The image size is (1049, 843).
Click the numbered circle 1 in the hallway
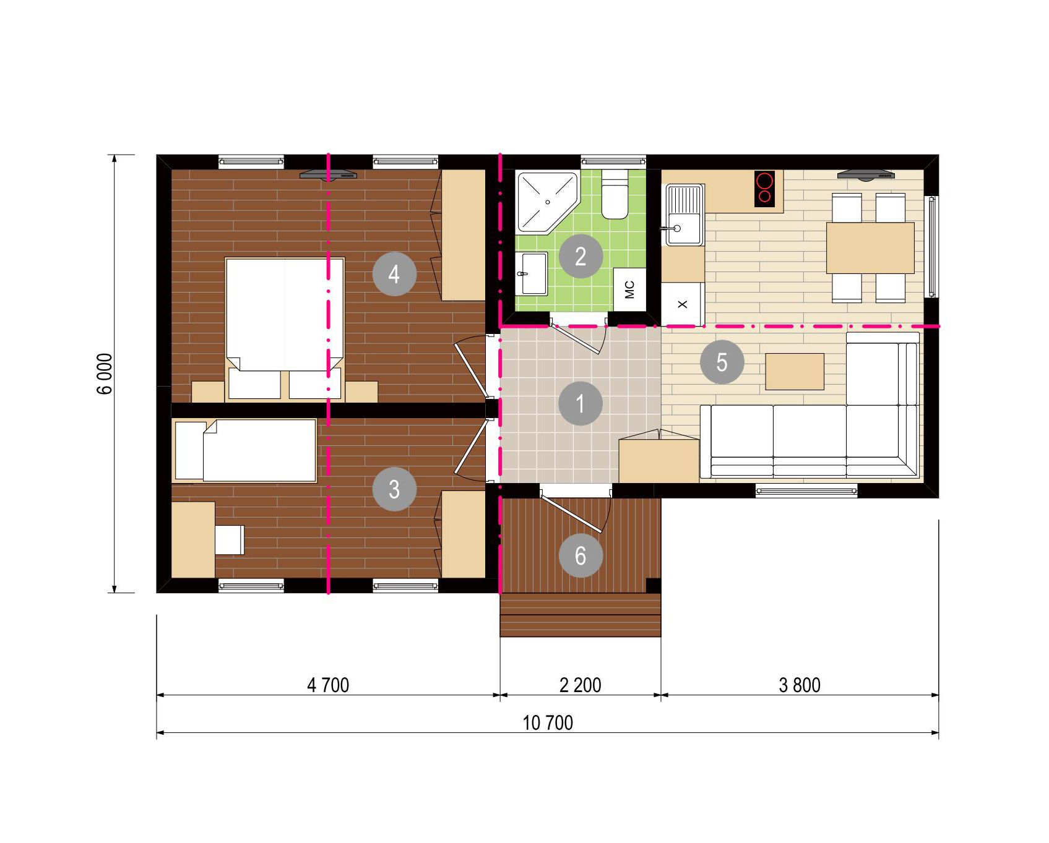pyautogui.click(x=580, y=403)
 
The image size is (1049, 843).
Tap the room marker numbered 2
pyautogui.click(x=581, y=256)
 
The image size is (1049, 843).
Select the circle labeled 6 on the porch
pyautogui.click(x=581, y=555)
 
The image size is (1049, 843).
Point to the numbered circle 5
pyautogui.click(x=722, y=362)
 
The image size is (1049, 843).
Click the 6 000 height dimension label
pyautogui.click(x=105, y=374)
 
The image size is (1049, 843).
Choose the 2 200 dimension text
pyautogui.click(x=581, y=685)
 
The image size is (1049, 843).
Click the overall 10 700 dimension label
pyautogui.click(x=548, y=722)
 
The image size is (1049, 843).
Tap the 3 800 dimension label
pyautogui.click(x=800, y=685)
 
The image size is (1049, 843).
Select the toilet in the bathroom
pyautogui.click(x=615, y=194)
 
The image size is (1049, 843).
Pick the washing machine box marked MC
pyautogui.click(x=630, y=289)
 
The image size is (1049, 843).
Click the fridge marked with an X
pyautogui.click(x=683, y=304)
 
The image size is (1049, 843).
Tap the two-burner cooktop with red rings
pyautogui.click(x=765, y=189)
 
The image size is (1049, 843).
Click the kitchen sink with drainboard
pyautogui.click(x=683, y=215)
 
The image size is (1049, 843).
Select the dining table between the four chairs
pyautogui.click(x=870, y=248)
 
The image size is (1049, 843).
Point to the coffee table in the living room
pyautogui.click(x=795, y=372)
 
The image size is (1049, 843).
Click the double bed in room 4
pyautogui.click(x=285, y=328)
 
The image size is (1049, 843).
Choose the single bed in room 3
pyautogui.click(x=246, y=450)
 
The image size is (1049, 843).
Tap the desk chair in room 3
pyautogui.click(x=230, y=540)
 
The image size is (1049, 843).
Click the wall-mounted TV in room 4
pyautogui.click(x=329, y=175)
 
